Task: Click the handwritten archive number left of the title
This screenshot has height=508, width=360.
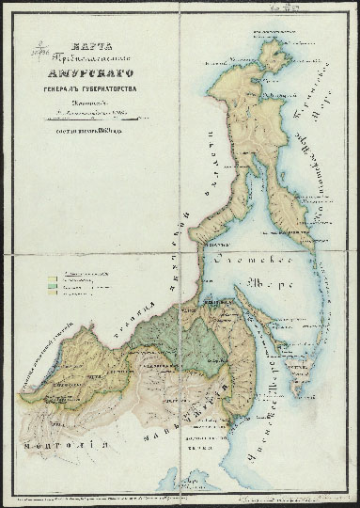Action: (36, 47)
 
